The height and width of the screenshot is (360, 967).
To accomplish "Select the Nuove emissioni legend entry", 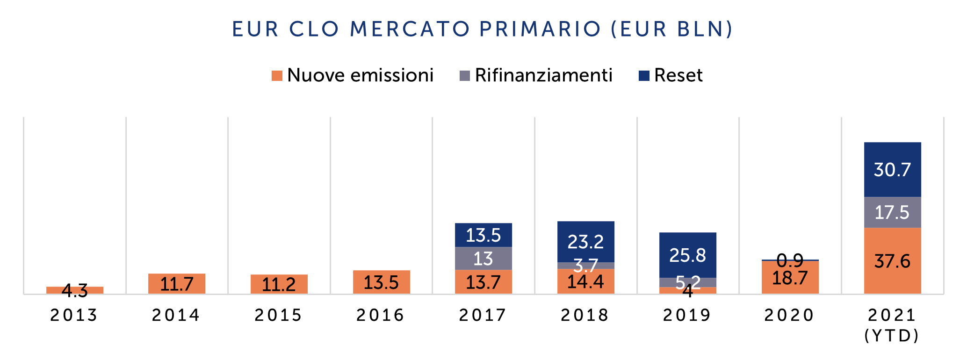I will [353, 75].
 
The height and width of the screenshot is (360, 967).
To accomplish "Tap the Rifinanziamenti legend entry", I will [536, 75].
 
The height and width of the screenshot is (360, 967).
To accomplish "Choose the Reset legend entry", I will [671, 75].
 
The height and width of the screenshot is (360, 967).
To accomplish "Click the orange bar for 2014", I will [177, 284].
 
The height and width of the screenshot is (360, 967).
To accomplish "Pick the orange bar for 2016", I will [381, 282].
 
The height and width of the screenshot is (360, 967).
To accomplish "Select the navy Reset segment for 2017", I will [483, 235].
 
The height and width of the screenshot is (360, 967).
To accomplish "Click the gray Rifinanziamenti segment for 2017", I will [483, 258].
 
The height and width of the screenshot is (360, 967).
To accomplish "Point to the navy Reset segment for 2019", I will [688, 255].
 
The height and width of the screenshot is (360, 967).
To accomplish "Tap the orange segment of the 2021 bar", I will [892, 261].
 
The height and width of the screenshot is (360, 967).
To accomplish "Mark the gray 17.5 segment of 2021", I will [892, 212].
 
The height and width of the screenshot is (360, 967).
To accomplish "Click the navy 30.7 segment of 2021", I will [892, 169].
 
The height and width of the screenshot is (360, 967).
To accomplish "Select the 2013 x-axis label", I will [74, 315].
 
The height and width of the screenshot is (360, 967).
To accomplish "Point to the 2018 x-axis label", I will [585, 315].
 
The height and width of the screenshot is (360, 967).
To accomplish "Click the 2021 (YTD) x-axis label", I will [892, 325].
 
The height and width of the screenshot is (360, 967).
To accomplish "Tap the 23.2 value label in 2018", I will [585, 242].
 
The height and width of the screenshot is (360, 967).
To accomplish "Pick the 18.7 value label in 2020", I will [790, 278].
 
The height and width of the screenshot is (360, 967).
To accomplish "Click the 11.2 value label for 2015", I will [279, 284].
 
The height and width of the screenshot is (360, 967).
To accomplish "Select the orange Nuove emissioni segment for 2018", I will [585, 281].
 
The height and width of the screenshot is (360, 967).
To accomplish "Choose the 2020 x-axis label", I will [790, 315].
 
